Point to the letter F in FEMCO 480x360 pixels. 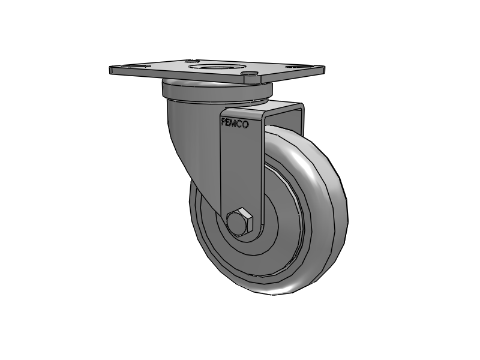224,123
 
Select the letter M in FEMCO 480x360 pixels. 239,123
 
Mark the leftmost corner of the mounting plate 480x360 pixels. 112,70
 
